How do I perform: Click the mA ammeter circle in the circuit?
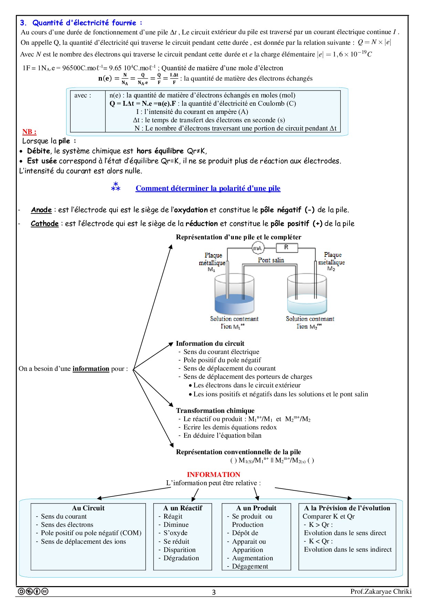[x=258, y=248]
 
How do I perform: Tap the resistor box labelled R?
[x=287, y=247]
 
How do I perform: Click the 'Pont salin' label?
[x=271, y=260]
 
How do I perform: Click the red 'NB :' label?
[x=29, y=132]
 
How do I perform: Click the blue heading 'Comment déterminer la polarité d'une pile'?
[x=208, y=188]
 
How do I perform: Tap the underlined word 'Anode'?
[x=41, y=210]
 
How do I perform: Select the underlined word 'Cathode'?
[x=45, y=223]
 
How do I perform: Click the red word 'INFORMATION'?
[x=213, y=475]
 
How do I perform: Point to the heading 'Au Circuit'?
[x=88, y=508]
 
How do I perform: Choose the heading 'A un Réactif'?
[x=183, y=508]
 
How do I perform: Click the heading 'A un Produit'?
[x=256, y=508]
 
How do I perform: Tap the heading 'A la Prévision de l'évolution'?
[x=347, y=508]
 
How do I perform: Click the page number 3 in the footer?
[x=214, y=592]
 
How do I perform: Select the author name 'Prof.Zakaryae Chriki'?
[x=381, y=591]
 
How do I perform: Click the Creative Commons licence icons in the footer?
[x=33, y=591]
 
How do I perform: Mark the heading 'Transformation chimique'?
[x=215, y=410]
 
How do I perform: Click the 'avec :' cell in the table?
[x=83, y=95]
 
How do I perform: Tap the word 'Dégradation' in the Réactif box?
[x=181, y=558]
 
